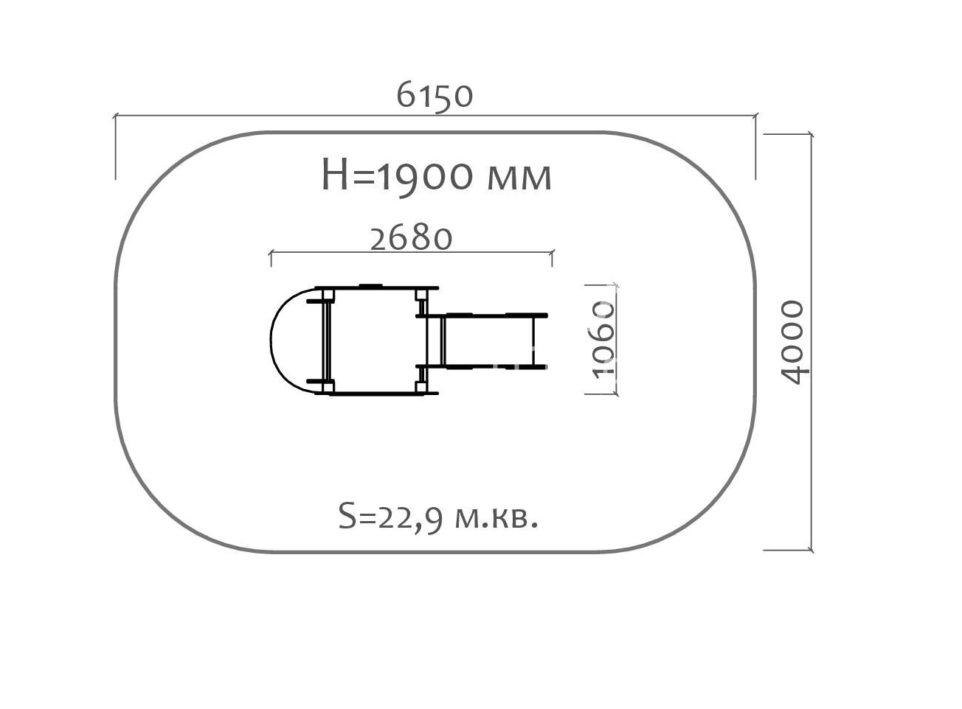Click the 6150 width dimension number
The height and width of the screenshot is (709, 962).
tap(435, 95)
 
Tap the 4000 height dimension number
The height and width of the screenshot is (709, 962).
tap(793, 343)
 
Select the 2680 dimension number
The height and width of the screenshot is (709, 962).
tap(411, 239)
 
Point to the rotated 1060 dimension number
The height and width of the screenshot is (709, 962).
tap(603, 340)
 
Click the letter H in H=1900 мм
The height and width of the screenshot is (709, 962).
tap(334, 175)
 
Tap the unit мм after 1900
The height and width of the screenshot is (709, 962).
tap(519, 178)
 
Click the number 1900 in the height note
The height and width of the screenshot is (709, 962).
tap(425, 176)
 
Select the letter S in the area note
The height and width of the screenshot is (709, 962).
tap(347, 516)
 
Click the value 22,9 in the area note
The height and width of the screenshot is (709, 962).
tap(410, 517)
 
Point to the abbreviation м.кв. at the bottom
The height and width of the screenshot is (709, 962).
tap(496, 519)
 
